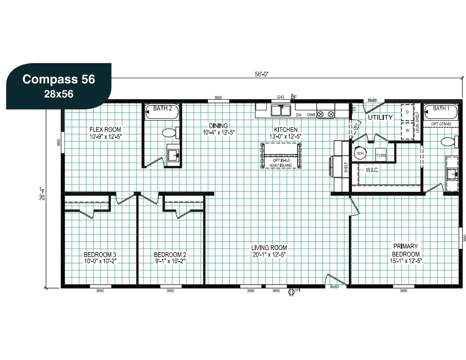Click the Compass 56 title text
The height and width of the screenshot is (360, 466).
[x=59, y=79]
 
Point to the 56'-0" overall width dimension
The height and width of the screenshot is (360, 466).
[x=262, y=74]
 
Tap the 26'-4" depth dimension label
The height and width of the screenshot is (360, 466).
[x=42, y=194]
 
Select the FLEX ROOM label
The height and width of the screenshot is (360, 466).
[x=105, y=129]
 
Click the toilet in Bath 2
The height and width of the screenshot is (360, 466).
[x=171, y=133]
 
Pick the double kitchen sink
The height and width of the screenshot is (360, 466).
[x=281, y=110]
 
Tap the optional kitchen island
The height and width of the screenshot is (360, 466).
[x=281, y=156]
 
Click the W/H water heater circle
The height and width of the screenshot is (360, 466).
[x=360, y=153]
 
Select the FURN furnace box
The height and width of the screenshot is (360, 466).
[x=381, y=155]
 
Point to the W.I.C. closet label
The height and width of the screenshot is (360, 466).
[x=372, y=170]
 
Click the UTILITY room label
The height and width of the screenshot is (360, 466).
[x=380, y=117]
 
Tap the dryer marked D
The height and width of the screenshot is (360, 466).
[x=407, y=112]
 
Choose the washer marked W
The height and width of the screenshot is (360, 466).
[x=407, y=131]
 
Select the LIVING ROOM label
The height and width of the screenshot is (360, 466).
[x=269, y=248]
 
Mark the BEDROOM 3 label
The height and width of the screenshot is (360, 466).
[x=100, y=254]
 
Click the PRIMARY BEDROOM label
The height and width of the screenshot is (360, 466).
[x=406, y=250]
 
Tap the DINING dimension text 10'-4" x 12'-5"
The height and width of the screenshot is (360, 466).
[x=219, y=132]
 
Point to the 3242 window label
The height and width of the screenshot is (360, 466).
[x=280, y=97]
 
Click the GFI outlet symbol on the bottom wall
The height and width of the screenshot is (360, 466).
[x=291, y=292]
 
